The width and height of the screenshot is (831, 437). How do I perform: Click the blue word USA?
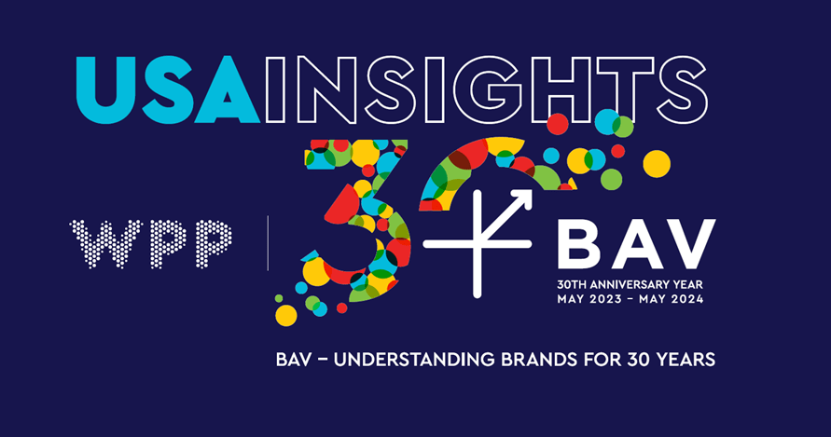[168, 89]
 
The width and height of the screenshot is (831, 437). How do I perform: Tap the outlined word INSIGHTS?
[486, 89]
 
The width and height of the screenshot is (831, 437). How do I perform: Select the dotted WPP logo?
[150, 244]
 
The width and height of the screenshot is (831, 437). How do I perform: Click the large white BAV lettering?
[636, 244]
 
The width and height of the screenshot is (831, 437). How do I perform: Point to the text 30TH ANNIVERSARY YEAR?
[630, 284]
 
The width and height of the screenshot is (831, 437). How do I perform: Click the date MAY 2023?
[589, 299]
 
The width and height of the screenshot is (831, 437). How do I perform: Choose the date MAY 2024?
[671, 299]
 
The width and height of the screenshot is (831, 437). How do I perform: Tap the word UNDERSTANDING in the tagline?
[414, 360]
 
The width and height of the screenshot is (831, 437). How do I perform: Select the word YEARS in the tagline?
[686, 360]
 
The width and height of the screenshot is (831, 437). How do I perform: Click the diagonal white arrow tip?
[531, 191]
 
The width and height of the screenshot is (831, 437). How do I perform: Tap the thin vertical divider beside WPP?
[269, 243]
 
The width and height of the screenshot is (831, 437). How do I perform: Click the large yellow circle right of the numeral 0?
[657, 164]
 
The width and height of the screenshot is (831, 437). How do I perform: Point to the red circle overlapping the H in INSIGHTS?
[558, 124]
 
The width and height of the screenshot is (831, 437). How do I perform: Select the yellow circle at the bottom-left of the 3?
[286, 315]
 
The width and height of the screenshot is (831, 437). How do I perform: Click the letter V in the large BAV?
[689, 244]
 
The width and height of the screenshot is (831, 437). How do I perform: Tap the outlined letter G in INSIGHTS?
[486, 89]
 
